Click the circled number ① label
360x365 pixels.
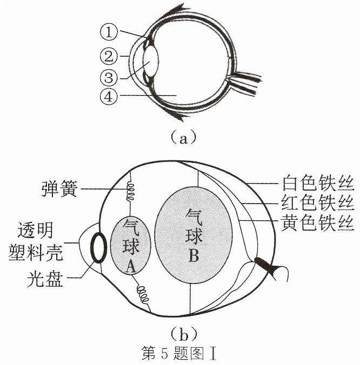click(109, 32)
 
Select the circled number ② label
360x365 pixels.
click(109, 56)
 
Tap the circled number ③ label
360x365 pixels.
click(109, 78)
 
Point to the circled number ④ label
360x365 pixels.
click(109, 96)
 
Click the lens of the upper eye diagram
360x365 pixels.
click(151, 61)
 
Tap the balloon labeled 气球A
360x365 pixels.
click(130, 245)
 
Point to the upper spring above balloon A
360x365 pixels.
click(130, 192)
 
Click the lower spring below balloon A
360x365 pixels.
click(143, 294)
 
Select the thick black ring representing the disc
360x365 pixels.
click(98, 247)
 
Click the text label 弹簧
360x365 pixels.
click(59, 189)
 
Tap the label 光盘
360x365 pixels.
click(45, 279)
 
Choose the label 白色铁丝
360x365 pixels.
click(318, 183)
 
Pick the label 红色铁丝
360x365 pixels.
click(318, 203)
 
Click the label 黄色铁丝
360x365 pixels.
click(318, 223)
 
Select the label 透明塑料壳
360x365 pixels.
click(36, 242)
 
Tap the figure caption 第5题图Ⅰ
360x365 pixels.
click(179, 353)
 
